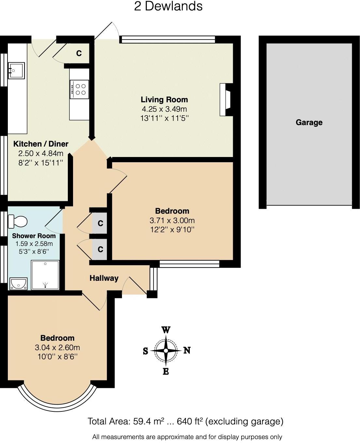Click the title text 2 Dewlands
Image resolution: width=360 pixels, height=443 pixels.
[x=168, y=7]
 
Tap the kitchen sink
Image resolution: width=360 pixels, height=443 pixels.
[x=16, y=71]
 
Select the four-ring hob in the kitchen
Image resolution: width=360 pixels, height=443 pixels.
[x=79, y=89]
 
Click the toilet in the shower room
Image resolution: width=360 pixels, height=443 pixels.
[x=18, y=221]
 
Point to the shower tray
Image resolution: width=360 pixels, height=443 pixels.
[x=45, y=275]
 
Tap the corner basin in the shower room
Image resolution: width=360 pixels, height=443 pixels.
[x=18, y=283]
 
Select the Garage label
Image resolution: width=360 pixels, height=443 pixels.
[x=309, y=122]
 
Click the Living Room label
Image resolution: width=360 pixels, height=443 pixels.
[x=164, y=100]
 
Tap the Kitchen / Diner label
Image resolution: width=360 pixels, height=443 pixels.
[x=41, y=144]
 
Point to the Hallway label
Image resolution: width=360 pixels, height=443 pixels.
[x=104, y=278]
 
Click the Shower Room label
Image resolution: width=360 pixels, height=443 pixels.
[x=34, y=236]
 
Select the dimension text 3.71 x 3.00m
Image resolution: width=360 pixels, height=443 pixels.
[x=172, y=221]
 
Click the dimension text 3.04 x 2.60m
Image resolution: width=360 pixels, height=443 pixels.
[x=57, y=348]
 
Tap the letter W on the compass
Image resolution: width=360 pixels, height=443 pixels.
[x=166, y=330]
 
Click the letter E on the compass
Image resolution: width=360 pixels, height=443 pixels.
[x=166, y=371]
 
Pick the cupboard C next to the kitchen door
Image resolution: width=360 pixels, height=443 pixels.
[x=79, y=53]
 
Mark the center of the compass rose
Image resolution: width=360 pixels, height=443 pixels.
[x=166, y=350]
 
